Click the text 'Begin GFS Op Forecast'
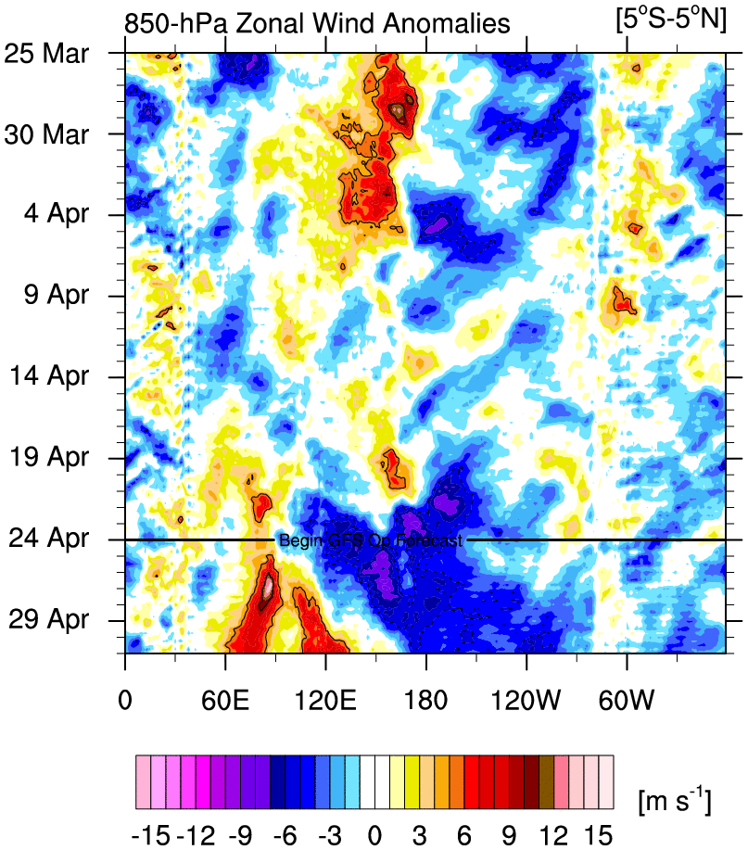370,539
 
